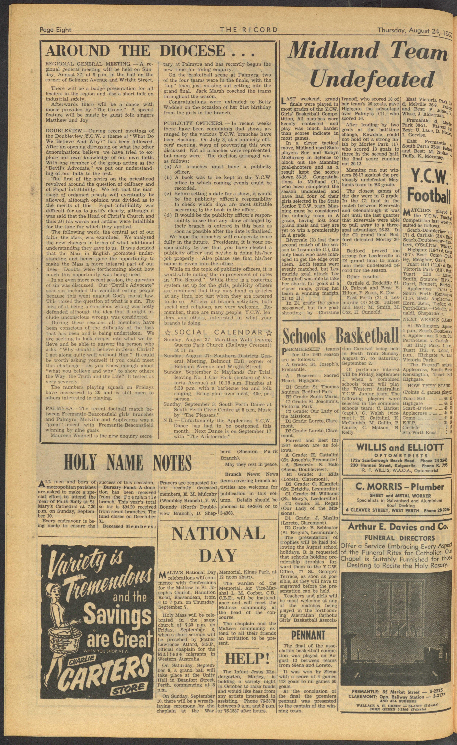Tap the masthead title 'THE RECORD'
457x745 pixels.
(249, 30)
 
